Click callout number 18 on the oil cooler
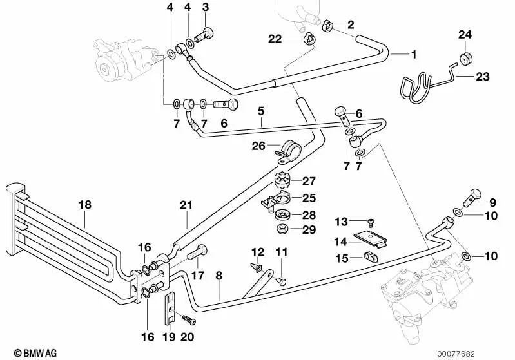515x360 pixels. [x=85, y=205]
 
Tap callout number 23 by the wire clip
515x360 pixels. [x=483, y=77]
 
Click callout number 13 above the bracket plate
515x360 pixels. [x=341, y=222]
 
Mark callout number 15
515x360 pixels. [x=341, y=258]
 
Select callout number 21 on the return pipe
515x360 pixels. [x=186, y=205]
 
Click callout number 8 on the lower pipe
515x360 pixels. [x=219, y=276]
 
